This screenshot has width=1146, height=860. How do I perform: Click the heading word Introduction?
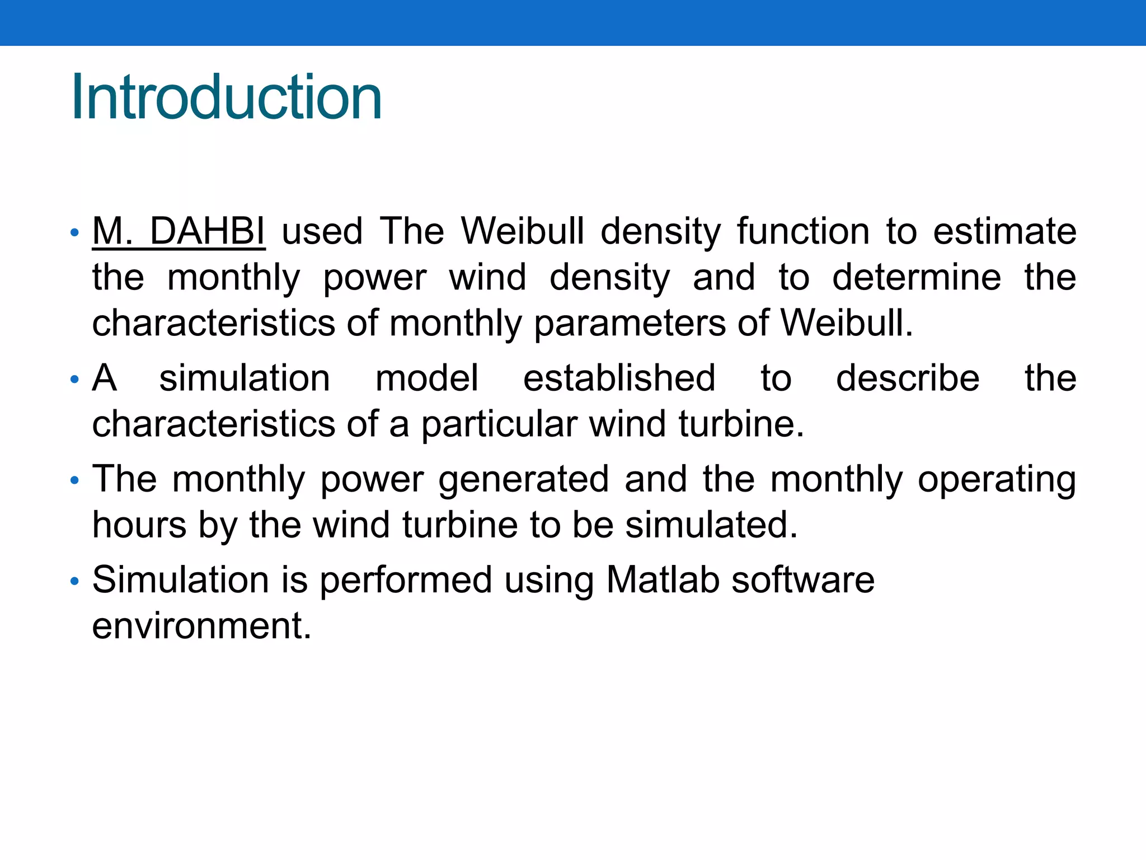(226, 97)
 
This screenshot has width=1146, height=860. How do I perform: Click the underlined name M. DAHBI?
(179, 231)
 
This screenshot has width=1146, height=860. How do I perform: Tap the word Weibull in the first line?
(523, 231)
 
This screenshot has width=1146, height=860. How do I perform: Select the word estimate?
(1004, 231)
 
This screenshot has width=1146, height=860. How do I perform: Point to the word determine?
(916, 277)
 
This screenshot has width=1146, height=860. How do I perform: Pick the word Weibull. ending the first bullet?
(847, 323)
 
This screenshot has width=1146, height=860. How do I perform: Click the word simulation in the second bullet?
(245, 378)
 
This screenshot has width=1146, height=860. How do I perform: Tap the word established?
(619, 378)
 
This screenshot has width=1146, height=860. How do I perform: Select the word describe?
(907, 378)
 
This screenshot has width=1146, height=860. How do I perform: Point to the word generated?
(523, 479)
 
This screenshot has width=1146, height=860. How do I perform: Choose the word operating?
(997, 480)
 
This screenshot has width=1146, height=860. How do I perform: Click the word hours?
(139, 525)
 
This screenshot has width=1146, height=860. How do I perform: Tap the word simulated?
(711, 525)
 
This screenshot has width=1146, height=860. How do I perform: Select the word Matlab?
(663, 579)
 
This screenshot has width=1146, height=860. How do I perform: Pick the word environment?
(201, 626)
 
